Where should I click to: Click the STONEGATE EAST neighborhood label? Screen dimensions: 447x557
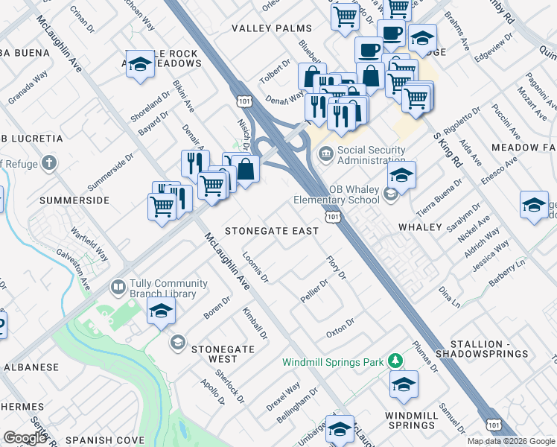coord(272,231)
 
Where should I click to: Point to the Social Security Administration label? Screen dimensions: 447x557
coord(372,155)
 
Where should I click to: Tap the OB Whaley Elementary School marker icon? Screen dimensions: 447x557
coord(390,195)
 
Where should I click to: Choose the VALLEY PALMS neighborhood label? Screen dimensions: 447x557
coord(272,28)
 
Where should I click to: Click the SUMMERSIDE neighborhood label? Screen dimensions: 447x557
coord(74,200)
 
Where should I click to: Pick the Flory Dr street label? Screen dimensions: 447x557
coord(337,267)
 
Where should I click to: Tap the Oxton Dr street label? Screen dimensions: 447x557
coord(339,329)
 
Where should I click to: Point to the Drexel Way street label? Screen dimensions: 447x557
coord(283,396)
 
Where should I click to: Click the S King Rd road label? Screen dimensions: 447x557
coord(448,146)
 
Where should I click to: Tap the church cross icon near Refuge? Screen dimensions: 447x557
coord(49,162)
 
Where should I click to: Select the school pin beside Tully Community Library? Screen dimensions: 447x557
coord(160,312)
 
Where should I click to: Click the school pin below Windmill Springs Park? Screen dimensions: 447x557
coord(404,384)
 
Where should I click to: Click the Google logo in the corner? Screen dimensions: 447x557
coord(25,438)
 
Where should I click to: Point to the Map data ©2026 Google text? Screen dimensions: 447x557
coord(510,441)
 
